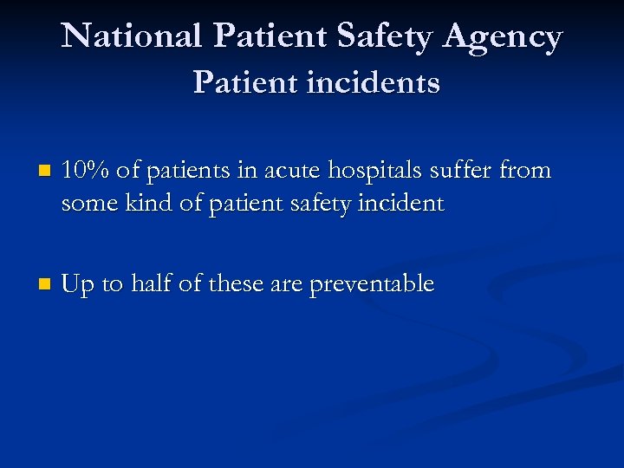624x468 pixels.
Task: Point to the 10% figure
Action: point(85,171)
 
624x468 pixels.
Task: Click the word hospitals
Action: point(384,172)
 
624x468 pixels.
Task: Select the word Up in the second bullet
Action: point(79,284)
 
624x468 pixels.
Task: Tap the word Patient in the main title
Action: point(268,37)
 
